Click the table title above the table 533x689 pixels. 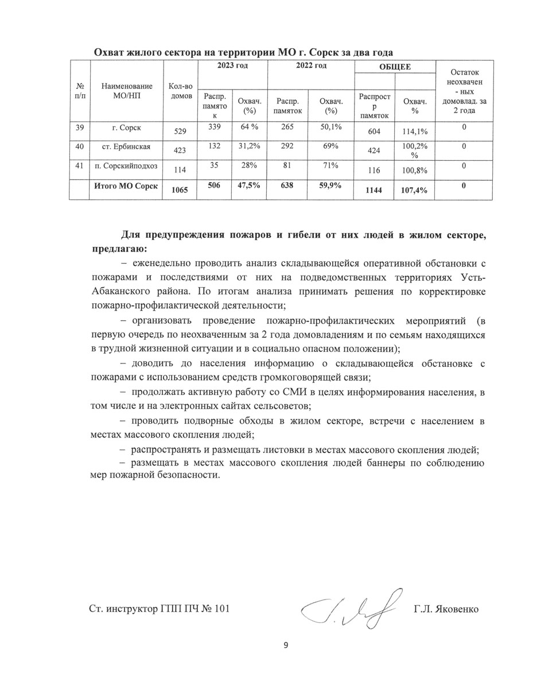coord(243,52)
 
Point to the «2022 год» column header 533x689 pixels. coord(311,67)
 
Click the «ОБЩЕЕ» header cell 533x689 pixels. coord(395,67)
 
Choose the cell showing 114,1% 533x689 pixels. coord(415,131)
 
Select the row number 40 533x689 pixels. coord(79,147)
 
